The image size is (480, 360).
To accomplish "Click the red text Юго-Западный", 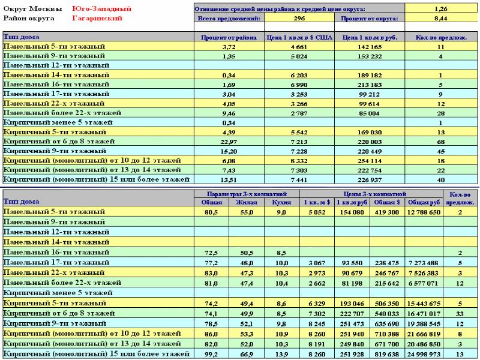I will click(101, 8).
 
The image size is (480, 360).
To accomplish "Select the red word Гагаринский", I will click(97, 18).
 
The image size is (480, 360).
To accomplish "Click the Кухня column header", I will click(281, 202).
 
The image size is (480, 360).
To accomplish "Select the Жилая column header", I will click(247, 202).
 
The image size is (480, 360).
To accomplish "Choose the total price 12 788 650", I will click(424, 212).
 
